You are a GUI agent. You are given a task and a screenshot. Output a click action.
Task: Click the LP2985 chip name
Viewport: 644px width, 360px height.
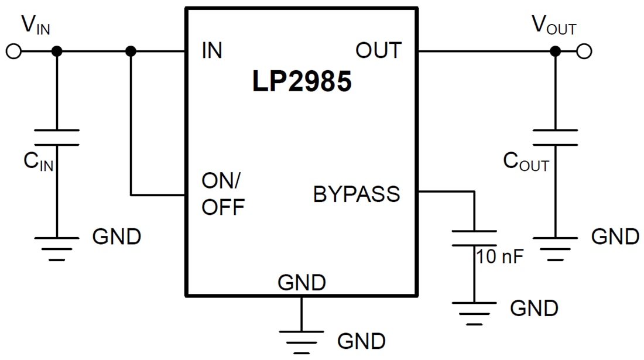(x=302, y=82)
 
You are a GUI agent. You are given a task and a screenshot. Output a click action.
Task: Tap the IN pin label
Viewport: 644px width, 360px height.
(x=212, y=51)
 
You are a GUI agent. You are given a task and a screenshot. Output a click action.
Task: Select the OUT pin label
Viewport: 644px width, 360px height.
(x=379, y=51)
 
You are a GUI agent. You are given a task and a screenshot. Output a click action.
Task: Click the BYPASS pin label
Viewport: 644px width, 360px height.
(x=357, y=194)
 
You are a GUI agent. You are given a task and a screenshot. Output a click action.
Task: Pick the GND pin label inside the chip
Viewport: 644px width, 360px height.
(x=302, y=283)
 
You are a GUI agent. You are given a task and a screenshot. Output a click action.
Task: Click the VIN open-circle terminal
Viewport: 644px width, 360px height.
(x=13, y=52)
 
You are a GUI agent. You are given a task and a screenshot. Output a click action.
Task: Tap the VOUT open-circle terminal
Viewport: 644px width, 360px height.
(x=584, y=52)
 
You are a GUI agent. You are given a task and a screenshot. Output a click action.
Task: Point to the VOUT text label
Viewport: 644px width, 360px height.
(x=553, y=26)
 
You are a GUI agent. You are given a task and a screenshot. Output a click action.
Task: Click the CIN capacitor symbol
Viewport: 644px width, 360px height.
(x=57, y=138)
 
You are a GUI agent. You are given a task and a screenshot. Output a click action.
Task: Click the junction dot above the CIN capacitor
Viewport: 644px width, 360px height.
(x=57, y=52)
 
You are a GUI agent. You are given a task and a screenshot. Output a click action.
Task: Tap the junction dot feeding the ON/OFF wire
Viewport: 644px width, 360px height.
(x=131, y=52)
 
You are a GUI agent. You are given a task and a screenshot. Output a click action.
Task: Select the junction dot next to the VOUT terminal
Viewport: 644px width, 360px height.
(x=555, y=52)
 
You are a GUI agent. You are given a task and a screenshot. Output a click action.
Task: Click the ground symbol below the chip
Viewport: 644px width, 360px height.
(x=302, y=340)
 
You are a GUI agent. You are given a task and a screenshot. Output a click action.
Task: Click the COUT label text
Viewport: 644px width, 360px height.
(x=526, y=162)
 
